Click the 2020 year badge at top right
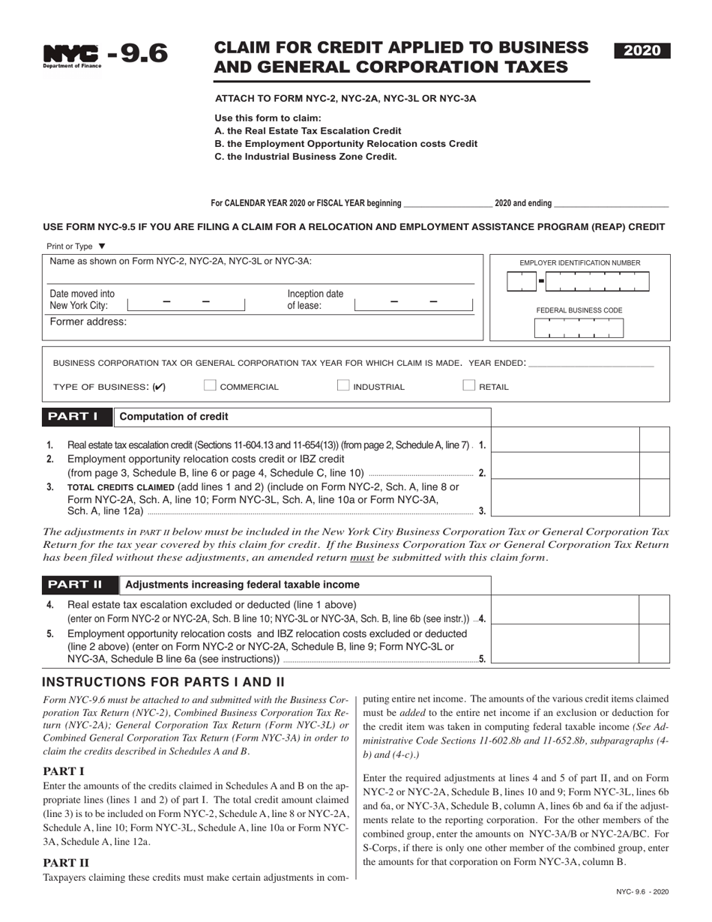(642, 51)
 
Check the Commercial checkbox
(210, 386)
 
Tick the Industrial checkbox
(343, 386)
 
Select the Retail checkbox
(469, 386)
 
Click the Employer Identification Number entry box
(579, 282)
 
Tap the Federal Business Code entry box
(579, 328)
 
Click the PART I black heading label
(77, 417)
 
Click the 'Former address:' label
(88, 322)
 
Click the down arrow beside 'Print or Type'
(102, 246)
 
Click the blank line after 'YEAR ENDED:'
(591, 364)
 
